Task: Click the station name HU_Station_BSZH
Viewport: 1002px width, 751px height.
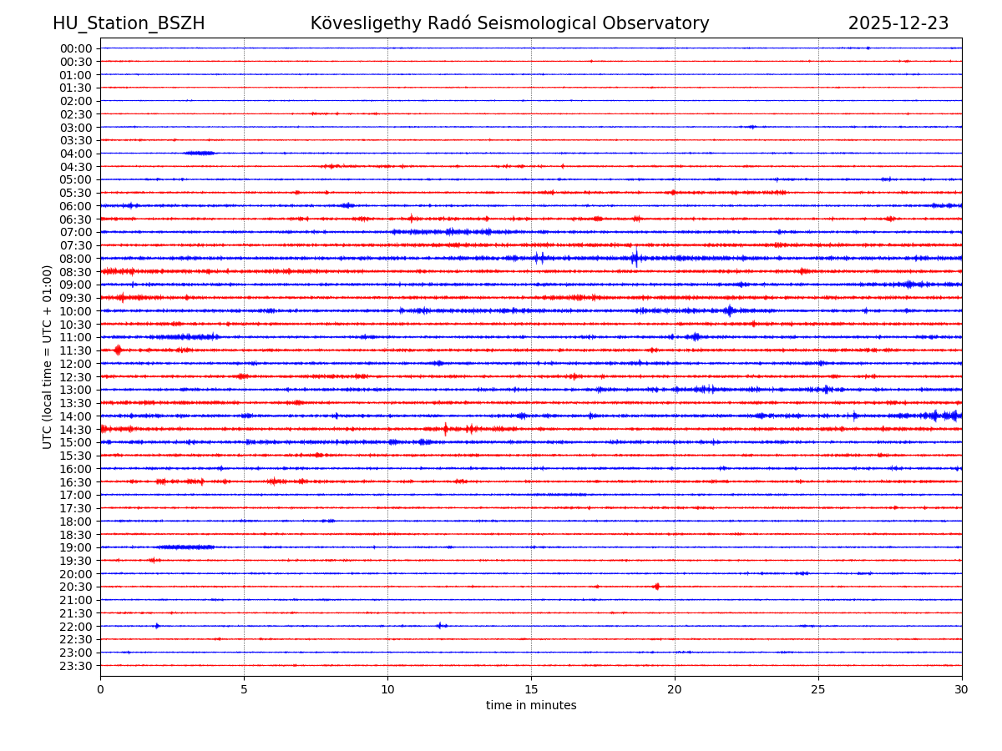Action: coord(129,23)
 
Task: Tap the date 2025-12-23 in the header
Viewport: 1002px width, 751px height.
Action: coord(898,23)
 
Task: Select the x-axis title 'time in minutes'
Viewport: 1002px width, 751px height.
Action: coord(531,705)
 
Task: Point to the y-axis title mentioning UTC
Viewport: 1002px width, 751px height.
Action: coord(48,356)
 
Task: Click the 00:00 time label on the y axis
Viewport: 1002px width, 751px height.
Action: coord(76,48)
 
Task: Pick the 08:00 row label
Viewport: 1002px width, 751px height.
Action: coord(76,259)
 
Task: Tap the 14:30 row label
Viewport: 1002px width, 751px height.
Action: coord(76,429)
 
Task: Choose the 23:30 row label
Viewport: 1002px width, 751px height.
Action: coord(76,666)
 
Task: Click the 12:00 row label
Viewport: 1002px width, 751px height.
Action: coord(76,364)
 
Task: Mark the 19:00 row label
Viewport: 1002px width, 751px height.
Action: coord(76,547)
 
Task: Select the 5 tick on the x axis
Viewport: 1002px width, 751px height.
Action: coord(244,689)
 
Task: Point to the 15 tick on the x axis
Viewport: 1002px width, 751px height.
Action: coord(531,689)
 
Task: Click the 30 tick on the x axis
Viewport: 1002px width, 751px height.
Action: coord(962,689)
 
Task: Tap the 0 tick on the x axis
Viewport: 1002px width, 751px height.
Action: coord(100,689)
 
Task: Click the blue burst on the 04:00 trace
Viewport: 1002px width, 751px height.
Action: coord(200,153)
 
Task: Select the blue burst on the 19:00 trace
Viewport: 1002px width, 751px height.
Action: coord(185,547)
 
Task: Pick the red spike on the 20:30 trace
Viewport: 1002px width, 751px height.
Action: coord(656,587)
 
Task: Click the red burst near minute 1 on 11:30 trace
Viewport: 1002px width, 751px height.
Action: coord(118,350)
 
